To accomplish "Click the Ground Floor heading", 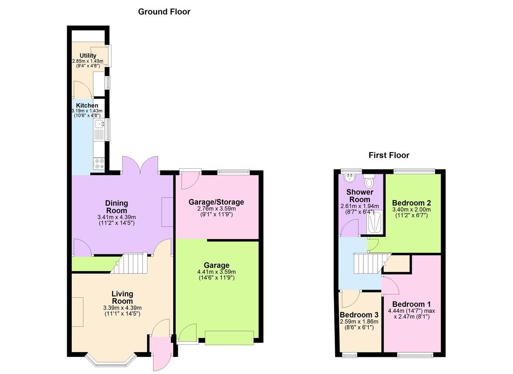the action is tap(164, 12).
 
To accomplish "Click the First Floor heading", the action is tap(389, 156).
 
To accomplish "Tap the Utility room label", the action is tap(88, 56).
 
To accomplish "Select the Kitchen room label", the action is tap(87, 105).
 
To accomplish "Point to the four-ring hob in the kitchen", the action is tap(99, 164).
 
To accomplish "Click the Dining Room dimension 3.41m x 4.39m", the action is tap(117, 217).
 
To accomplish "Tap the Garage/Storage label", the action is tap(216, 202).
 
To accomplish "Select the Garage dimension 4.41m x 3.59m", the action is tap(216, 272).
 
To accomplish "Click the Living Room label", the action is tap(122, 297).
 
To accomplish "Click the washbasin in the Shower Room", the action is tap(349, 178).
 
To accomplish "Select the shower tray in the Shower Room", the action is tap(374, 222).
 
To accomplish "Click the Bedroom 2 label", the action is tap(412, 203).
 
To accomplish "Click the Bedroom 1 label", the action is tap(412, 304).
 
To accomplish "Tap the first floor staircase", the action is tap(372, 263).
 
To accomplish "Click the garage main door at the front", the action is tap(229, 338).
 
